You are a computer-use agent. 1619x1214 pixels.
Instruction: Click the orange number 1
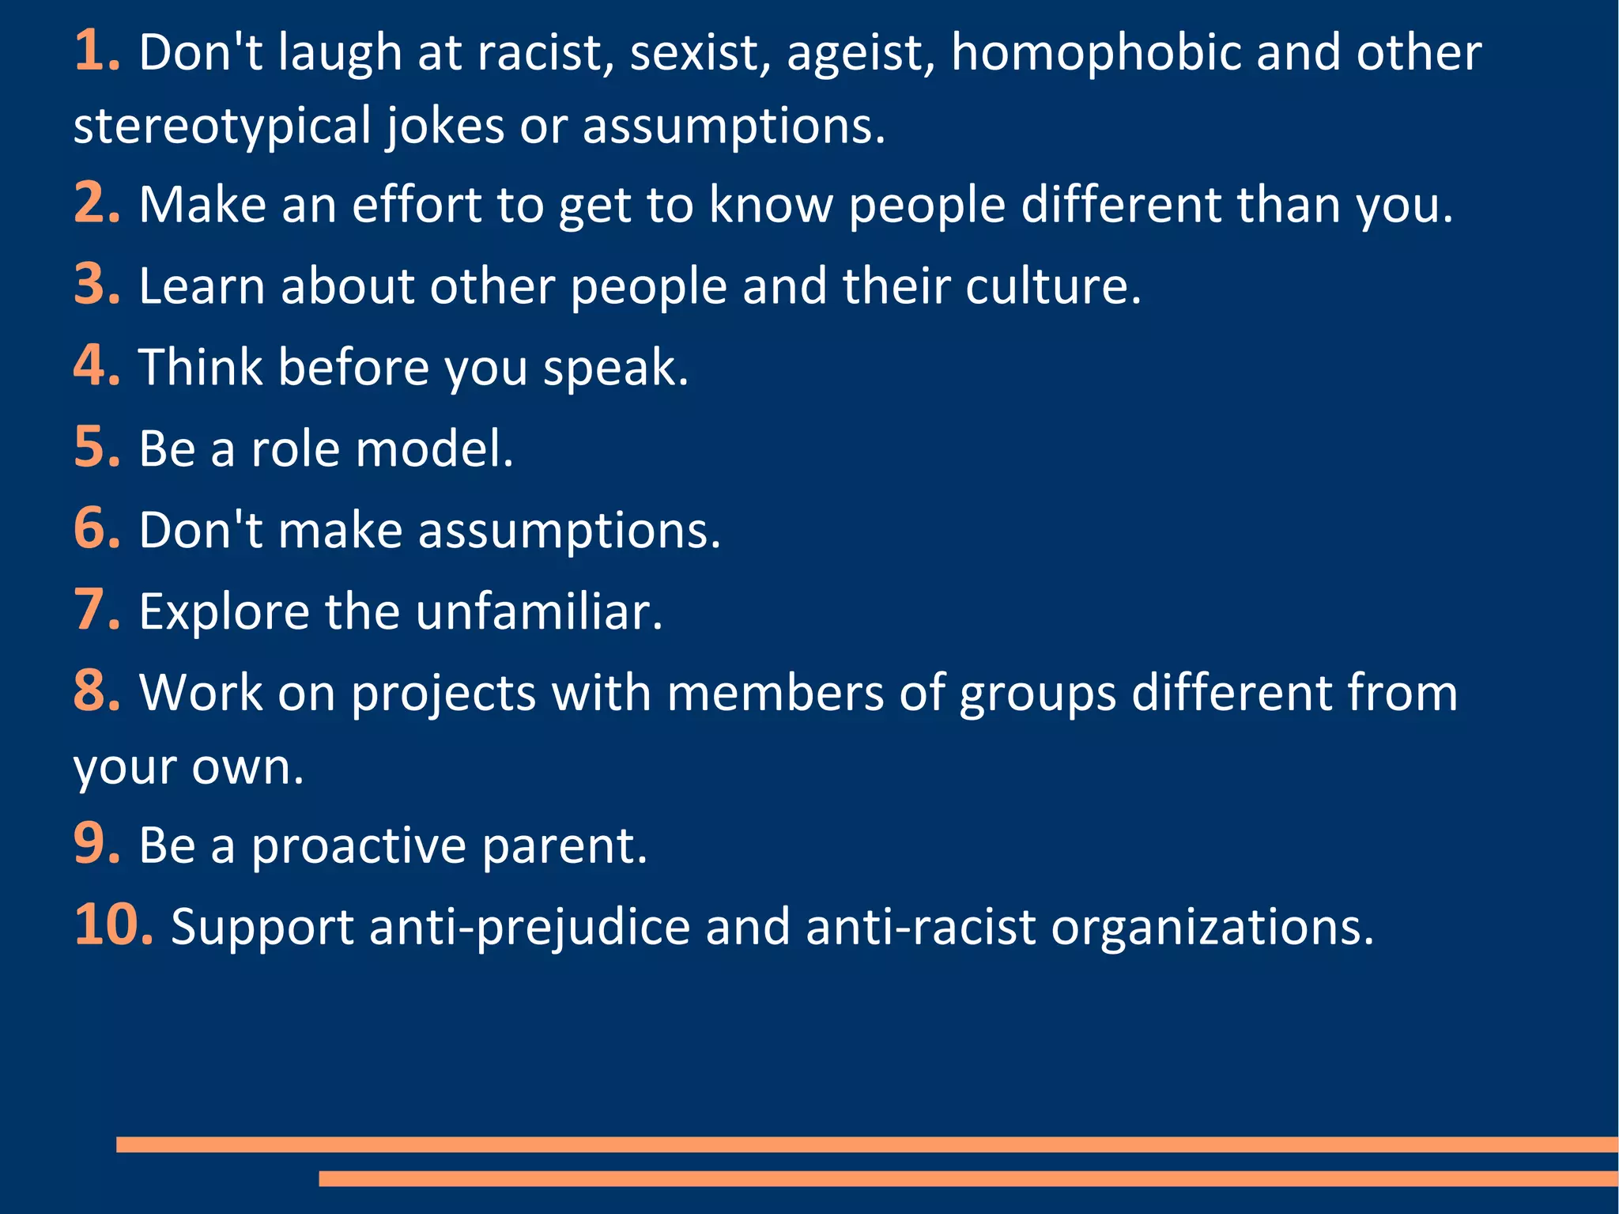tap(92, 52)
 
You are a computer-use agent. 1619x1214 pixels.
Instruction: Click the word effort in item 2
tap(417, 205)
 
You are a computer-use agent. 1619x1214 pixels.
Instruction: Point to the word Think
tap(201, 368)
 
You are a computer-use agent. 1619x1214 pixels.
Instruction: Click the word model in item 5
tap(434, 449)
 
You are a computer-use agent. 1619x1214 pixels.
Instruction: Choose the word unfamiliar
tap(538, 612)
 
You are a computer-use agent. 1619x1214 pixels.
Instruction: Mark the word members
tap(776, 694)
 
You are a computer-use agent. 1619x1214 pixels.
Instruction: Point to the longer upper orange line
tap(866, 1144)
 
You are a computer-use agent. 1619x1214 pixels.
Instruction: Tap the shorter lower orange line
tap(968, 1178)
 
